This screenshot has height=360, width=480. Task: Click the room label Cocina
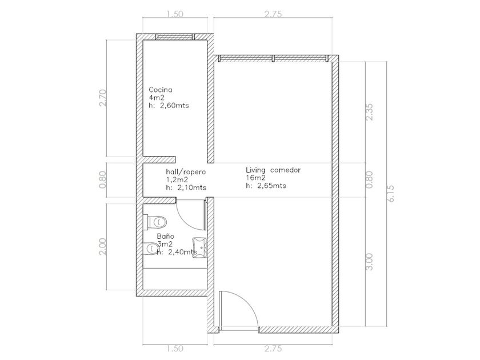point(160,90)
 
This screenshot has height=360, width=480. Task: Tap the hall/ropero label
point(186,172)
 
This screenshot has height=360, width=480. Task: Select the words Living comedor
point(273,170)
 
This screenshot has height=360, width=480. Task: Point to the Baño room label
point(165,237)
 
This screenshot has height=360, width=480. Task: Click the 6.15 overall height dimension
point(391,193)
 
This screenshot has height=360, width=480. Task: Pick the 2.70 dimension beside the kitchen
point(103,98)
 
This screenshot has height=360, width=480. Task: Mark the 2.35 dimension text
point(370,112)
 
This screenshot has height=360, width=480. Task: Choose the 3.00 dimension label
point(370,262)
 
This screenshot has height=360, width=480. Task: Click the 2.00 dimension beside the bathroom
point(103,246)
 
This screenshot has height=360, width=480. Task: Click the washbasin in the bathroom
point(200,248)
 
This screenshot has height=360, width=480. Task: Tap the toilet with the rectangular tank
point(155,221)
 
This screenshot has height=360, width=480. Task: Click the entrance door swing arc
point(248,303)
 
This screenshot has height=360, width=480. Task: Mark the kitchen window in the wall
point(175,37)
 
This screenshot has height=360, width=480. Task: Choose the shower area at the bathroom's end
point(175,279)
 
